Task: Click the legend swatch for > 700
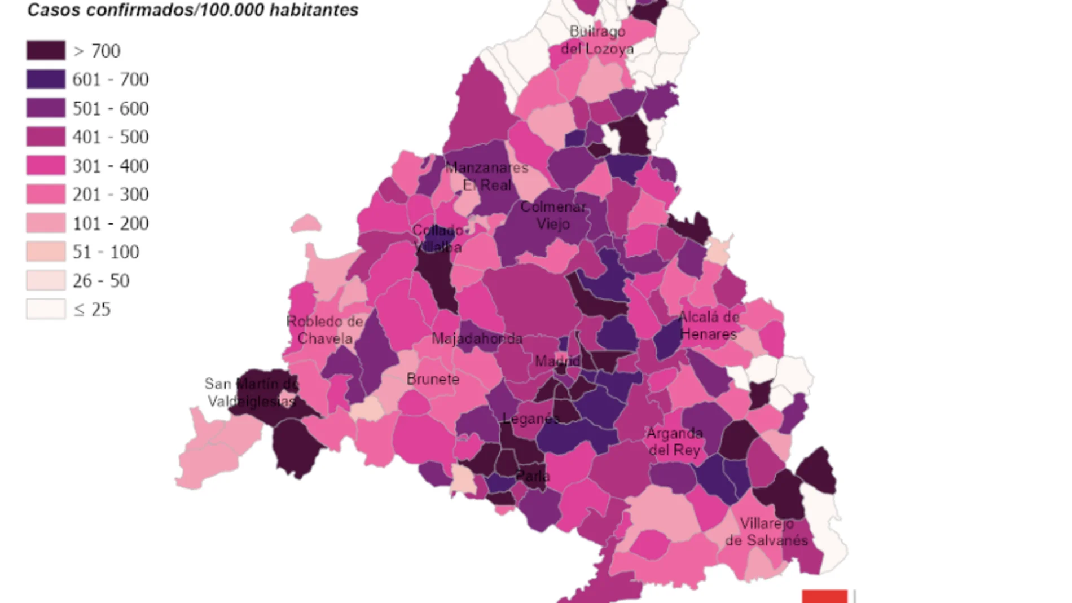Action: (46, 51)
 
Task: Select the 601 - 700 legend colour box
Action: (46, 80)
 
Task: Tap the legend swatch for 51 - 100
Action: (46, 252)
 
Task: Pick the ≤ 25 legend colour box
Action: (46, 309)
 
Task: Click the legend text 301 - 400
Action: (111, 166)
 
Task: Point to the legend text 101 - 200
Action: (111, 223)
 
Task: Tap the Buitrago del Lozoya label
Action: (597, 40)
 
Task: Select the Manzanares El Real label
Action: (486, 176)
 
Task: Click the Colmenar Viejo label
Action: (553, 215)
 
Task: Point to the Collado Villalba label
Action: (437, 238)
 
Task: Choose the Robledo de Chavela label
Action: (325, 329)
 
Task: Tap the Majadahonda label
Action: (477, 338)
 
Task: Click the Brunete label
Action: (433, 379)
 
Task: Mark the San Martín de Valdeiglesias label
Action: (252, 392)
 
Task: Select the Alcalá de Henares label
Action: (709, 325)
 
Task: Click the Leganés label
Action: (531, 419)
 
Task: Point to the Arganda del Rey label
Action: (674, 441)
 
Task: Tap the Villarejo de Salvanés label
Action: (766, 531)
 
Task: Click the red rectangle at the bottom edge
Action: (824, 596)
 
